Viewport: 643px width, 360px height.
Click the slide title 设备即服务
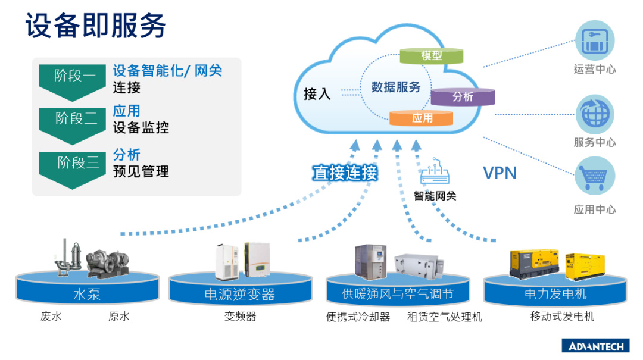[x=95, y=27]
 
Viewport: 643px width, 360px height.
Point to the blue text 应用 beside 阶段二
[x=126, y=111]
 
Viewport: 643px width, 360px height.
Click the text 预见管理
[x=141, y=172]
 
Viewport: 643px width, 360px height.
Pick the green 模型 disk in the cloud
[x=431, y=55]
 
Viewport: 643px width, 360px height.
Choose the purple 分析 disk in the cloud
[x=463, y=96]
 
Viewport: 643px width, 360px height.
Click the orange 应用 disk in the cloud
[x=422, y=118]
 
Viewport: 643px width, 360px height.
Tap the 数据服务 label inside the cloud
[x=396, y=87]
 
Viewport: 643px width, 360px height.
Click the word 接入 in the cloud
[x=317, y=94]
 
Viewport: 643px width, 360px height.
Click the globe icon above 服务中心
[x=594, y=114]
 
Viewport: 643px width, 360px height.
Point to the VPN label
[x=500, y=173]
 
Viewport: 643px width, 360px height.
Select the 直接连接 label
[x=345, y=173]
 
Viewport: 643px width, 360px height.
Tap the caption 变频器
[x=240, y=317]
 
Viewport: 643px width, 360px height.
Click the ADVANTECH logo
[x=595, y=346]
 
